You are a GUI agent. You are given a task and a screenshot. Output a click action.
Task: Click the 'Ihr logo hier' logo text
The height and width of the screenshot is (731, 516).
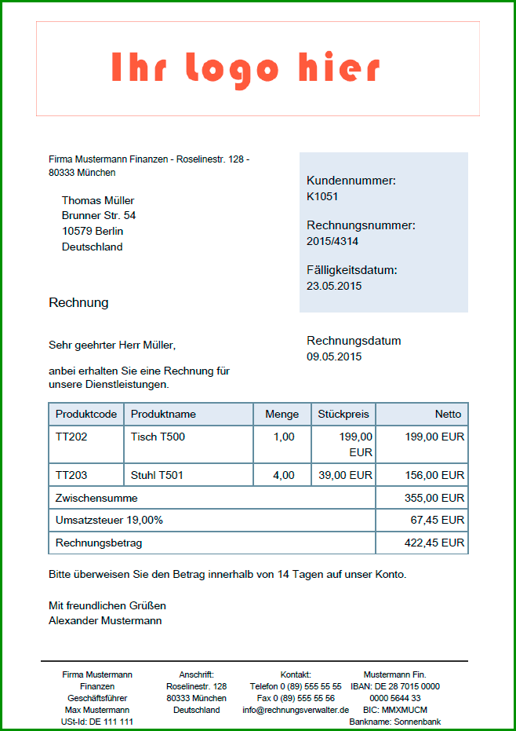tap(245, 69)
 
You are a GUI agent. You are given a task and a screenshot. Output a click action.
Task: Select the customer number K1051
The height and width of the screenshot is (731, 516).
tap(322, 196)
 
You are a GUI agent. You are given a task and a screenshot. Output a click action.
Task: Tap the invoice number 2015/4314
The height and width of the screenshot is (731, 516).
tap(332, 241)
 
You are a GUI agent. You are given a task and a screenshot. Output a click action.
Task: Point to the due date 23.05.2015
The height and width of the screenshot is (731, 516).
tap(334, 286)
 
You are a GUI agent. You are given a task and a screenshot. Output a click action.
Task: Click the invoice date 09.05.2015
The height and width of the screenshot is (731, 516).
tap(334, 356)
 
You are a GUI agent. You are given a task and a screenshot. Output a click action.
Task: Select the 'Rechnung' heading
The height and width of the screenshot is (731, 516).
tap(78, 302)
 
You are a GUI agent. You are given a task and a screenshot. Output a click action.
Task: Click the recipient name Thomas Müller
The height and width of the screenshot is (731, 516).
tap(98, 200)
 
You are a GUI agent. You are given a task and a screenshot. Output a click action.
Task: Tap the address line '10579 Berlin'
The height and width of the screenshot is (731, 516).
tap(93, 231)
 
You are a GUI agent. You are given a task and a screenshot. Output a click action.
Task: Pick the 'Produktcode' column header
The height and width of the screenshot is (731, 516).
tap(86, 414)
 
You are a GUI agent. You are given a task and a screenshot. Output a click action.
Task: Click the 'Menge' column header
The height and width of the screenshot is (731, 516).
tap(282, 414)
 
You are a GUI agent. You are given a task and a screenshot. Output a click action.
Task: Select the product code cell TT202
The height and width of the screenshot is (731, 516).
tap(71, 437)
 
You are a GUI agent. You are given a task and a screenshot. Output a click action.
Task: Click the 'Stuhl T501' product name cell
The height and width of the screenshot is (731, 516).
tap(157, 475)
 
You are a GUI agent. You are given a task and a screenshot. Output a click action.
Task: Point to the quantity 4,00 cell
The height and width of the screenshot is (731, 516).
tap(284, 475)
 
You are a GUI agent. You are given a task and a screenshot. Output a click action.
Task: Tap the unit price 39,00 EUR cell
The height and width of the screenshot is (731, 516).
tap(346, 475)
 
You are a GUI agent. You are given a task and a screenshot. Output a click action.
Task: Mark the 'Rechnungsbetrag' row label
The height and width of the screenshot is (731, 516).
tap(99, 543)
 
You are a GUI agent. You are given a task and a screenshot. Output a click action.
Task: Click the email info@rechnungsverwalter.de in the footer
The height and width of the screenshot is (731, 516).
tap(296, 710)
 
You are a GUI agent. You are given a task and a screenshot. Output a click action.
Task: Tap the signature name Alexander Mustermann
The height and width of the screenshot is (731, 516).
tap(105, 620)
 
